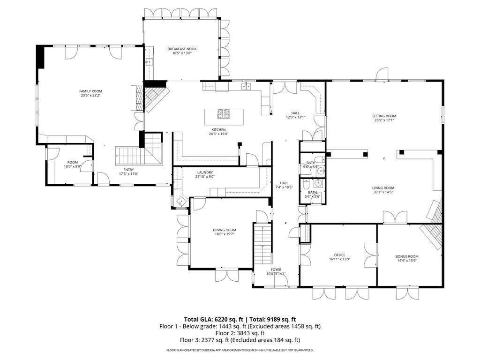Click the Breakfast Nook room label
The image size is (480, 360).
coord(182,49)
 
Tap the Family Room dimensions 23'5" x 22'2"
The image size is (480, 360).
coord(90,96)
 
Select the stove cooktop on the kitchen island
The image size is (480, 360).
coord(224,113)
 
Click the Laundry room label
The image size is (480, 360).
coord(205,172)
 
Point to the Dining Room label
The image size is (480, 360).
coord(225,230)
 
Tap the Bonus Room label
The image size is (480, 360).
coord(407,256)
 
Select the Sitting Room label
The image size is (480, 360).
coord(384,116)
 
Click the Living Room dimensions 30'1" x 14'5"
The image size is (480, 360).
coord(383,192)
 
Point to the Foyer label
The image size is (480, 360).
coord(276,270)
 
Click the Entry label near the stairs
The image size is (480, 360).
coord(128,170)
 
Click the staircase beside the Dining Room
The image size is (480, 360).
coord(262,244)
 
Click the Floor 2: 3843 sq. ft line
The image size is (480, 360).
coord(240,333)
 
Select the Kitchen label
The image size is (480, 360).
coord(218,130)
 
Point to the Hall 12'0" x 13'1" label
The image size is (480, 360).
coord(295,115)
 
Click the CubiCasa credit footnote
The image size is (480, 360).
coord(240,350)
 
